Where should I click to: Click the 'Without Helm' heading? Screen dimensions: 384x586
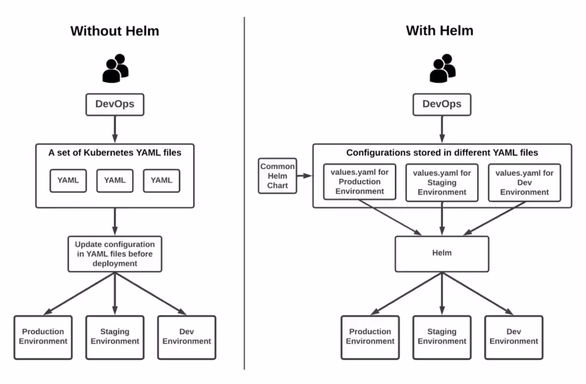[x=114, y=31]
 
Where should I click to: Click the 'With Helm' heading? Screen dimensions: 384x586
[x=439, y=31]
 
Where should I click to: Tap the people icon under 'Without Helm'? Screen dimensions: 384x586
[x=115, y=68]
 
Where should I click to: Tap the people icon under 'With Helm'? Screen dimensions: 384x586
[x=442, y=68]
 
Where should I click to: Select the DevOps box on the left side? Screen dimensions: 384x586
[x=114, y=105]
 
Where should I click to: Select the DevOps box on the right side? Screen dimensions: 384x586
[x=442, y=105]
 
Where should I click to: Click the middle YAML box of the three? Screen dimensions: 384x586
[x=114, y=180]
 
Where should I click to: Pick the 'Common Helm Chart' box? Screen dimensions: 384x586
[x=278, y=176]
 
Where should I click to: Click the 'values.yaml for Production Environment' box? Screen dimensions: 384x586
[x=359, y=182]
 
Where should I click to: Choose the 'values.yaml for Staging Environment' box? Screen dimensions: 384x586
[x=442, y=182]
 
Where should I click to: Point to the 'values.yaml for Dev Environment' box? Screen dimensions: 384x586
[x=524, y=182]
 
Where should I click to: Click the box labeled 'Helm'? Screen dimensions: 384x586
[x=442, y=253]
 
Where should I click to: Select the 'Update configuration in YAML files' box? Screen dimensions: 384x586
[x=114, y=254]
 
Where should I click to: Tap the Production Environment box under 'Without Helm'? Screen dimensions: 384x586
[x=43, y=337]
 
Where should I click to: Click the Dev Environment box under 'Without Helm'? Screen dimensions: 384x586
[x=187, y=337]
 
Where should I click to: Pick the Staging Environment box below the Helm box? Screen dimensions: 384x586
[x=442, y=337]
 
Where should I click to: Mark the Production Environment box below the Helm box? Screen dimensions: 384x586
[x=370, y=337]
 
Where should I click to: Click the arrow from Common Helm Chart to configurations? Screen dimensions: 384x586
[x=304, y=176]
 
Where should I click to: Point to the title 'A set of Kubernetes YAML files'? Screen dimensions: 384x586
[x=114, y=153]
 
